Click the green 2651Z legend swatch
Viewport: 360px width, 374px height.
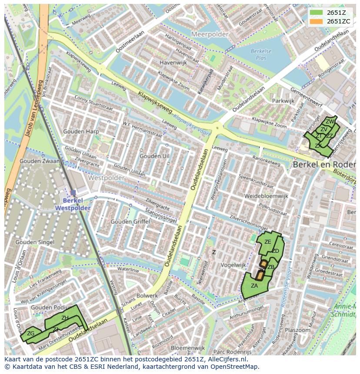pos(316,13)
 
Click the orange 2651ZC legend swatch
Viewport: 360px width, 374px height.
pos(316,21)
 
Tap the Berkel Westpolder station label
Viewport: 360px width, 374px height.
pos(73,204)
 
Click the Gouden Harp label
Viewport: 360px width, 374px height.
pos(81,132)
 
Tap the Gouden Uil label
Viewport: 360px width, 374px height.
pos(154,156)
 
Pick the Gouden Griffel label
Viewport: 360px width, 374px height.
pos(130,222)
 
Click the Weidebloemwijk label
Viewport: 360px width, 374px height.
pos(266,196)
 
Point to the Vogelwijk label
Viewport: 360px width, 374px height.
pos(233,265)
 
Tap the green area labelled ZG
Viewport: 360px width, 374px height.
pos(30,334)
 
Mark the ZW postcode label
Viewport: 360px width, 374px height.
pos(330,122)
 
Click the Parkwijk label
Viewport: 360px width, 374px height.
pos(283,101)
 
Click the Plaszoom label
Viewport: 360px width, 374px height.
pos(298,330)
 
